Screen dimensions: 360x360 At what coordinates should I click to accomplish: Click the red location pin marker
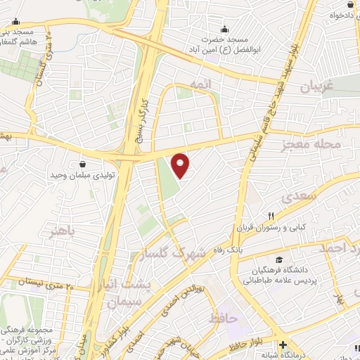coord(181,165)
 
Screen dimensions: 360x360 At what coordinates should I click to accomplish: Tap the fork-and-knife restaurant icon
coord(270,215)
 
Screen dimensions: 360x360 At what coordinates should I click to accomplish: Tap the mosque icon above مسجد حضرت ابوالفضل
coord(224,29)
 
